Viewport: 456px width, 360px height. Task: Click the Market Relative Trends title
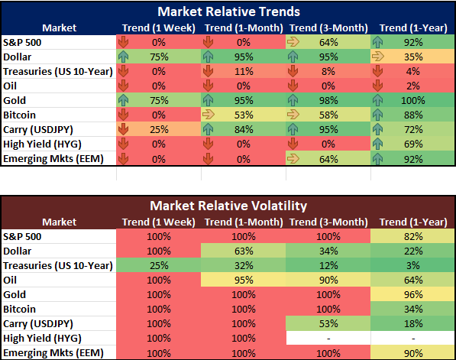click(x=228, y=11)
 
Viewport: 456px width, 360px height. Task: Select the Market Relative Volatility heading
click(x=228, y=206)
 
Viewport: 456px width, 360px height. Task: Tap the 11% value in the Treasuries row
click(x=244, y=71)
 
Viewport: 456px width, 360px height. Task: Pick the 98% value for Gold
click(x=328, y=100)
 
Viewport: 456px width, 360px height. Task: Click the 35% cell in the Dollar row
click(x=413, y=57)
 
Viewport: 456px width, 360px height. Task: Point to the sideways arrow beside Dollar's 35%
click(x=377, y=57)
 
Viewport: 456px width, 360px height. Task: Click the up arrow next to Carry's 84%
click(x=208, y=129)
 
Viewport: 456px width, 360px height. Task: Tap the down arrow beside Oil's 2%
click(x=377, y=86)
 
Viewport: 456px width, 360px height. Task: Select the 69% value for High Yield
click(x=413, y=144)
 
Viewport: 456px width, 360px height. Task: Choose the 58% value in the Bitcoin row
click(x=328, y=115)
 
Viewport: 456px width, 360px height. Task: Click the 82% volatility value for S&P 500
click(x=413, y=237)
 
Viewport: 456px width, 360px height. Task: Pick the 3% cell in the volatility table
click(x=413, y=265)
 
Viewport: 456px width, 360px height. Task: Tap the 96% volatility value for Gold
click(x=413, y=294)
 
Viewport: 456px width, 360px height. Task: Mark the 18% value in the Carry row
click(x=413, y=323)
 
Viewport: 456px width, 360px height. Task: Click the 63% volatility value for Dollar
click(x=244, y=251)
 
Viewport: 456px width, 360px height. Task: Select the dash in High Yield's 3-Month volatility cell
click(x=328, y=339)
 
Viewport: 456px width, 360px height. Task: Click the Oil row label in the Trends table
click(x=10, y=86)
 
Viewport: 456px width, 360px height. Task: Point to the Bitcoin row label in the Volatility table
click(x=19, y=309)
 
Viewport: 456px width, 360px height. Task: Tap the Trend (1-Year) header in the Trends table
click(x=413, y=28)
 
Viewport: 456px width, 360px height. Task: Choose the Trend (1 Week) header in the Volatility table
click(x=159, y=222)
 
